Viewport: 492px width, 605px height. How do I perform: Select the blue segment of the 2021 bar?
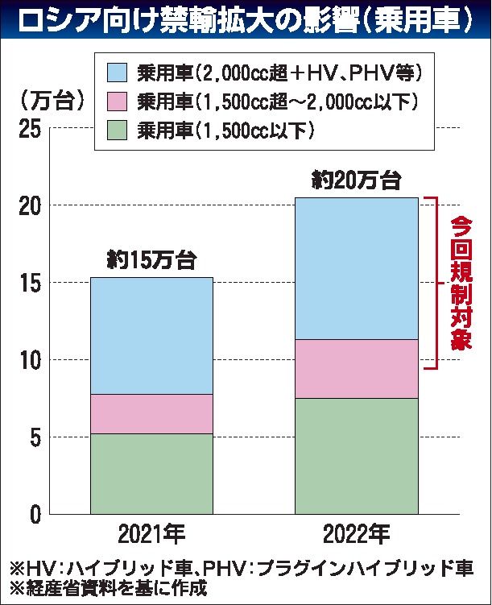click(x=151, y=336)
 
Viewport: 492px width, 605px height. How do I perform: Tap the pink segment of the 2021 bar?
click(x=151, y=414)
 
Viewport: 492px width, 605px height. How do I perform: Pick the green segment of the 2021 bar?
click(x=151, y=474)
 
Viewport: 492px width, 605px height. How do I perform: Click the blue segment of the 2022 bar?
click(x=356, y=268)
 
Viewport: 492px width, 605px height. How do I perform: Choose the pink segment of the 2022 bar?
click(x=356, y=369)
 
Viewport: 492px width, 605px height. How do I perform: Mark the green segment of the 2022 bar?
click(x=356, y=456)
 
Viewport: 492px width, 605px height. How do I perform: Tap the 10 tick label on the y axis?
click(x=29, y=360)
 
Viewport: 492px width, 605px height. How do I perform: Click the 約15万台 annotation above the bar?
click(x=151, y=259)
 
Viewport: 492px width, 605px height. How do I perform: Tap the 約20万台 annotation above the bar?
click(x=356, y=180)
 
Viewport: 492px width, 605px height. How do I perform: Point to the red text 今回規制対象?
click(x=461, y=282)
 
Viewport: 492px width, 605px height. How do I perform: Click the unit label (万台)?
click(x=50, y=102)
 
